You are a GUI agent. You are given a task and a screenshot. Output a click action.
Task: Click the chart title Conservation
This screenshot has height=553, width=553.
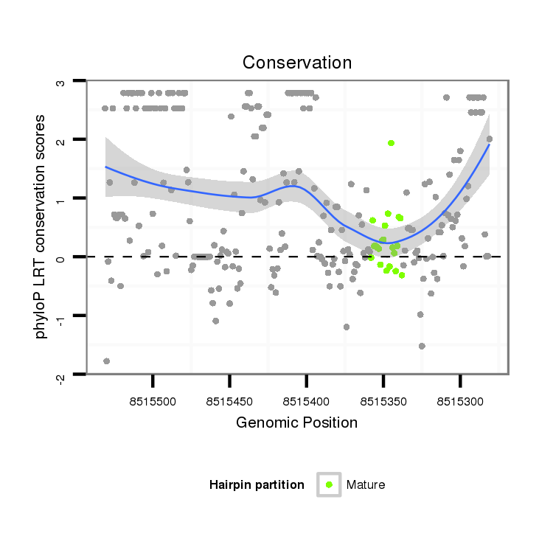[x=297, y=63]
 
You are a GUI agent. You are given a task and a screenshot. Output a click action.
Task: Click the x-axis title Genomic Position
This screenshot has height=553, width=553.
[x=296, y=422]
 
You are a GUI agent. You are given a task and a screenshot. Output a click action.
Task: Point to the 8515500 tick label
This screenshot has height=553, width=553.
[x=153, y=401]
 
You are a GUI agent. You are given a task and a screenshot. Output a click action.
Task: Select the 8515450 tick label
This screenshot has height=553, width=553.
[x=229, y=401]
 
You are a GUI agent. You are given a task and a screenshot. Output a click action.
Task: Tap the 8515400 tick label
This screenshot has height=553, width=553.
[x=306, y=401]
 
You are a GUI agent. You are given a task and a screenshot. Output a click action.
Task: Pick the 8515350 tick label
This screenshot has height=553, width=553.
[x=383, y=401]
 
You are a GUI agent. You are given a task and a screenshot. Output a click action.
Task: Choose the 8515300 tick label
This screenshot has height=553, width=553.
[x=460, y=401]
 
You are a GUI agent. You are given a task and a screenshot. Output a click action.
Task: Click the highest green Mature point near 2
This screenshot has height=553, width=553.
[x=391, y=143]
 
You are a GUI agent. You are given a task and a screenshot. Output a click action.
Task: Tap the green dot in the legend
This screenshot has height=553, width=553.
[x=329, y=484]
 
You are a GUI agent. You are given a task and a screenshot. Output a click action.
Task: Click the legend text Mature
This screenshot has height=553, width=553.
[x=366, y=484]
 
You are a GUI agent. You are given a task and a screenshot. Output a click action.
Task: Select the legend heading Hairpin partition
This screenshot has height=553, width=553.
[x=257, y=484]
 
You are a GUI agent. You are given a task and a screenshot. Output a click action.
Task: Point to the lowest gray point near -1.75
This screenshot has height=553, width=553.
[x=107, y=361]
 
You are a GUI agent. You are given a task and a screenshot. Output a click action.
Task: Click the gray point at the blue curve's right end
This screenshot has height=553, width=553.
[x=489, y=139]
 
